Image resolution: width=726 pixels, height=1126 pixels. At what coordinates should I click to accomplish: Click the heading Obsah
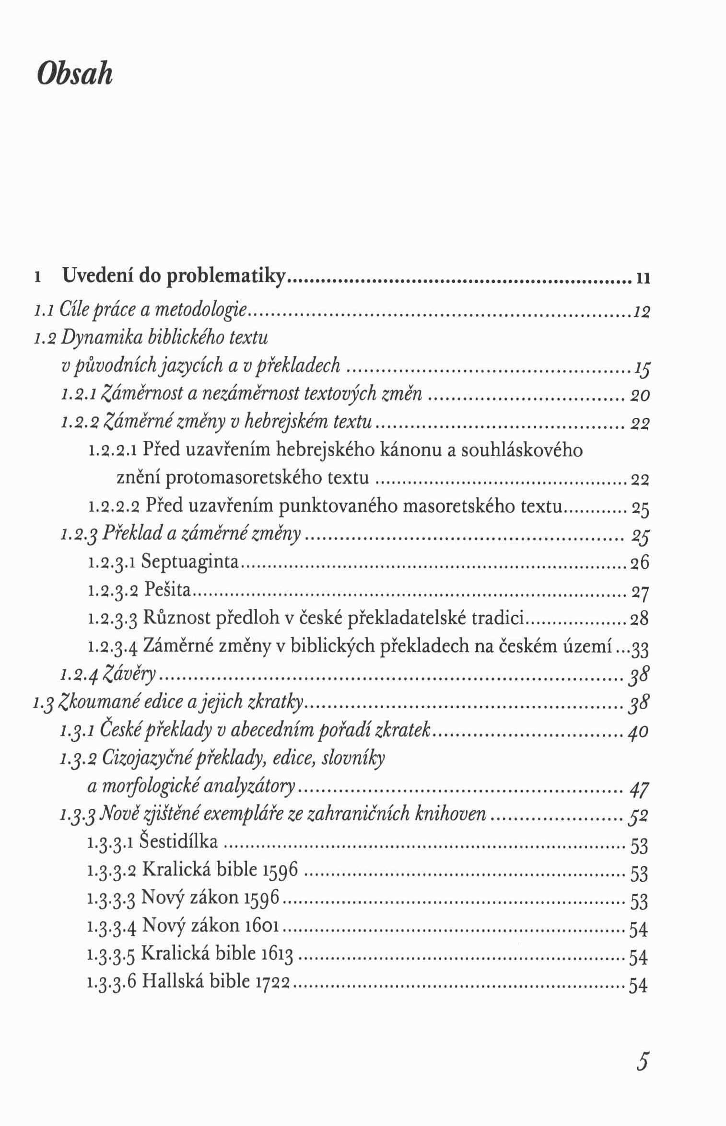(74, 75)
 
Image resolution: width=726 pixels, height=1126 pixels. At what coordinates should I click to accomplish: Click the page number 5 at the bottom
(642, 1047)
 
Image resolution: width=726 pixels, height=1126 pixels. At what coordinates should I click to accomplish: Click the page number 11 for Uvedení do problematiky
(643, 278)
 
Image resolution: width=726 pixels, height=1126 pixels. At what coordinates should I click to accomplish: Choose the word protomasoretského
(246, 478)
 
